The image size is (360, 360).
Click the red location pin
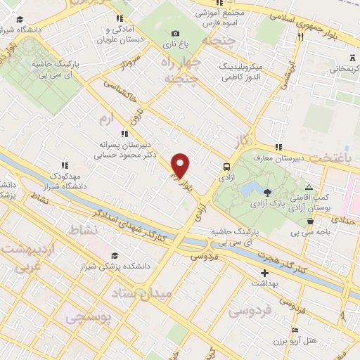(180, 165)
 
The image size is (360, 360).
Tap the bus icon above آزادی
(226, 167)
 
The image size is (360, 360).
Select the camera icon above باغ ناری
(175, 33)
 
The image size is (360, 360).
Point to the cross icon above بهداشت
(264, 273)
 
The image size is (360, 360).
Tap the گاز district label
(243, 141)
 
